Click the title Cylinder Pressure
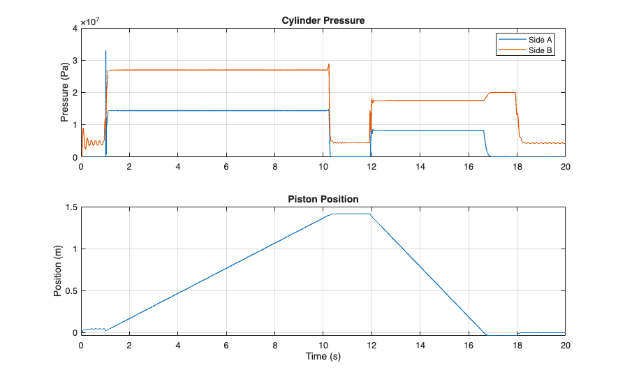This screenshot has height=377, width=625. pyautogui.click(x=323, y=20)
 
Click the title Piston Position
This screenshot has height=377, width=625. pyautogui.click(x=323, y=200)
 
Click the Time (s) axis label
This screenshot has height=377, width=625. pyautogui.click(x=323, y=356)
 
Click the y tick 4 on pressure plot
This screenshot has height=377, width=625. pyautogui.click(x=75, y=28)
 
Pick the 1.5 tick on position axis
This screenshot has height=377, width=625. pyautogui.click(x=71, y=207)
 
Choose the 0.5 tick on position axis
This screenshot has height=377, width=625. pyautogui.click(x=71, y=291)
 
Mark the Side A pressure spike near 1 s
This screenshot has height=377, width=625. pyautogui.click(x=105, y=51)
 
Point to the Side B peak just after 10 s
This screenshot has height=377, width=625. pyautogui.click(x=329, y=65)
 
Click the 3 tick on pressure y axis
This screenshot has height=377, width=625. pyautogui.click(x=75, y=60)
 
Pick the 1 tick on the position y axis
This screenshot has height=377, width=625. pyautogui.click(x=75, y=249)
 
